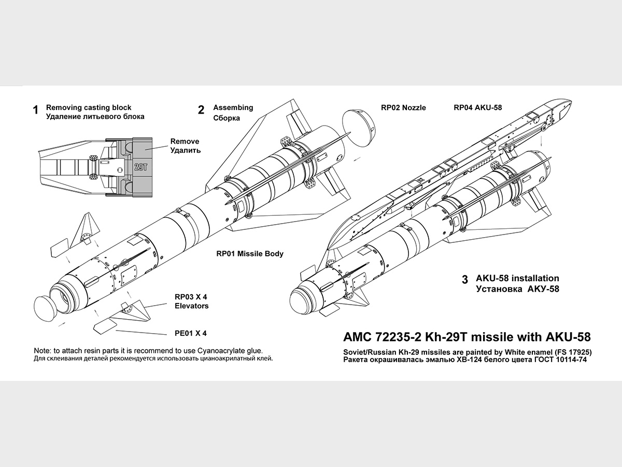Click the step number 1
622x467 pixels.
[x=36, y=110]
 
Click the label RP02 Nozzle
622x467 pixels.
[x=403, y=107]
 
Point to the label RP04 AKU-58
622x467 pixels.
[x=477, y=107]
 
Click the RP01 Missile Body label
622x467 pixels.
[x=250, y=254]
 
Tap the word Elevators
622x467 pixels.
[x=192, y=306]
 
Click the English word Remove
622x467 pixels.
[x=185, y=141]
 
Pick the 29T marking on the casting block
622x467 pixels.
[x=140, y=167]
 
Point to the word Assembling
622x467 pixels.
[x=233, y=107]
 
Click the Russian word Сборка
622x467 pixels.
[x=227, y=118]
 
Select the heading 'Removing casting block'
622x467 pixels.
[x=89, y=107]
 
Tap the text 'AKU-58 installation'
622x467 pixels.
[x=517, y=278]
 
